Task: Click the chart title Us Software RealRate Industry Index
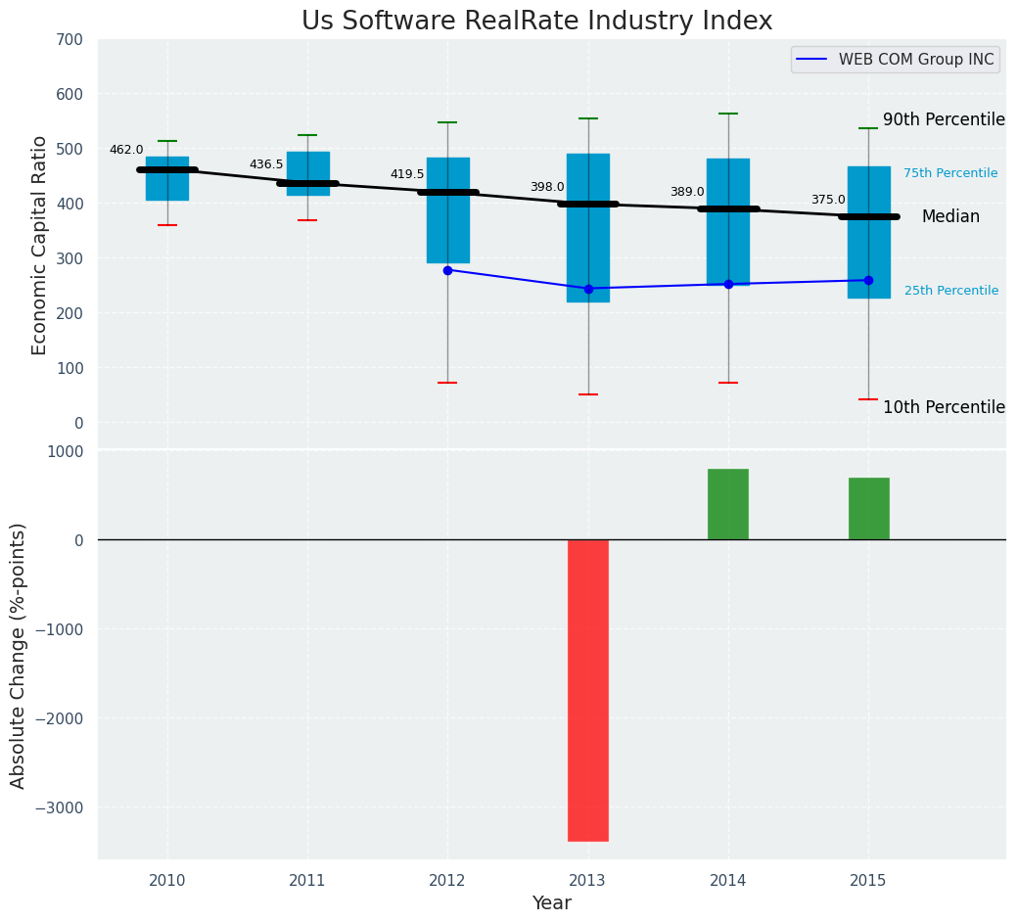tap(536, 22)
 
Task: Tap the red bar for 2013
tap(587, 690)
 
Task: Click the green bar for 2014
tap(727, 504)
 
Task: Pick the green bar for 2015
tap(868, 509)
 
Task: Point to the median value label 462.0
tap(126, 150)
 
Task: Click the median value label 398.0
tap(547, 187)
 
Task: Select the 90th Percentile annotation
tap(944, 119)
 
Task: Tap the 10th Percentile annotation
tap(944, 407)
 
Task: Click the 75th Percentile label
tap(949, 173)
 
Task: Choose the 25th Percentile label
tap(950, 291)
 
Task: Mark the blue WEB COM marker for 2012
tap(447, 270)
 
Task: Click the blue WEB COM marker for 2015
tap(868, 280)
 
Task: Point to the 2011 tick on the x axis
tap(307, 881)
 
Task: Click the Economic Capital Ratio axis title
tap(39, 245)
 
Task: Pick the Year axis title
tap(551, 903)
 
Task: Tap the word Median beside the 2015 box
tap(949, 217)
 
